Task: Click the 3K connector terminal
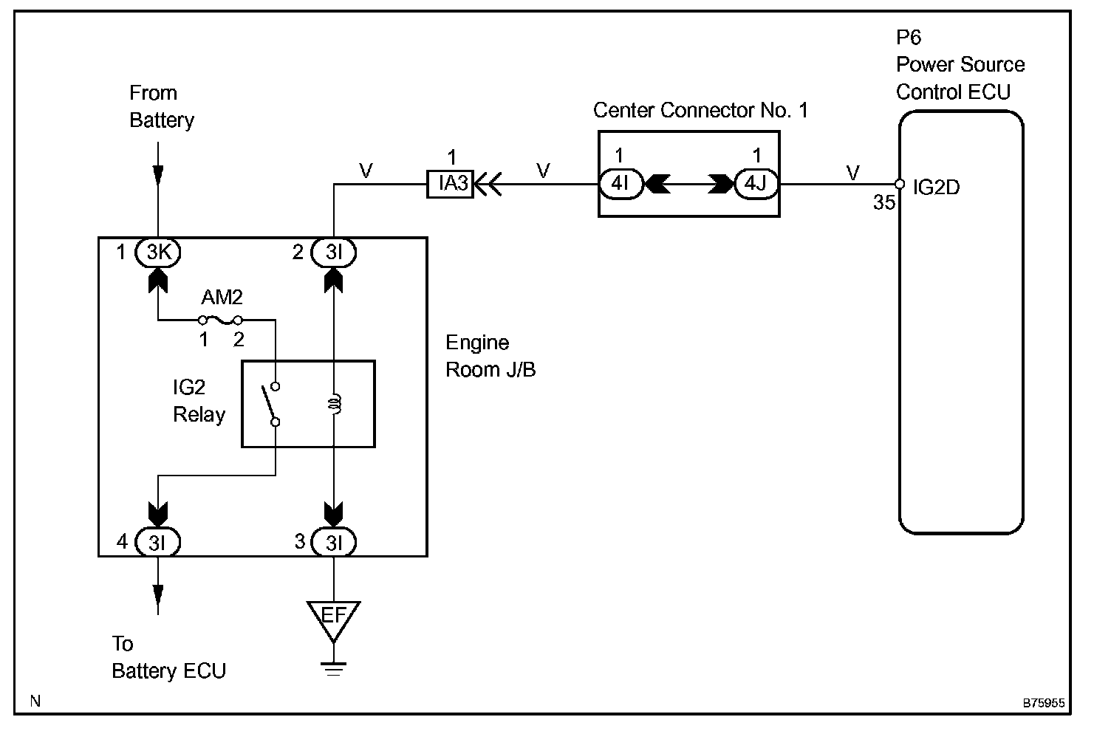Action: [x=158, y=253]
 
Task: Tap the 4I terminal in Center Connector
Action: [x=621, y=183]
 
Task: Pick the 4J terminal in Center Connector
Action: [x=756, y=183]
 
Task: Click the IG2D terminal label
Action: [x=936, y=188]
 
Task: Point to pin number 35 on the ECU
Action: [x=883, y=202]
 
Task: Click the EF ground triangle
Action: [x=333, y=617]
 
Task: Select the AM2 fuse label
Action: [x=222, y=298]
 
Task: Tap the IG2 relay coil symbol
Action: [x=334, y=404]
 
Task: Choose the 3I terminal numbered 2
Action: [x=333, y=253]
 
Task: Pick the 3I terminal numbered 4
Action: [x=158, y=543]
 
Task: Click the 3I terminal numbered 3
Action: [x=333, y=543]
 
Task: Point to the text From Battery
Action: [x=161, y=107]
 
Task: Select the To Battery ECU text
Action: [x=168, y=657]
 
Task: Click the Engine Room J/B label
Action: [x=490, y=356]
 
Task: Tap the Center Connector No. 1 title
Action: [x=700, y=111]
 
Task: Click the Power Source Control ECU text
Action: [x=960, y=78]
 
